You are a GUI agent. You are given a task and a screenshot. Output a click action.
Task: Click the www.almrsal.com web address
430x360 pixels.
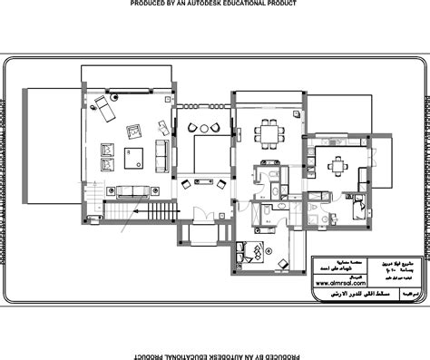click(346, 282)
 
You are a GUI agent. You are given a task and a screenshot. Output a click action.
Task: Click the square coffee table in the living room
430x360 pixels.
click(134, 158)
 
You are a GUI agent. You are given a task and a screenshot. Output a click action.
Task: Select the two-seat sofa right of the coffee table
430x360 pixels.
click(161, 155)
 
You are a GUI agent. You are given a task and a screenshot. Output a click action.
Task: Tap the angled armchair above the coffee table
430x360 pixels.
click(134, 132)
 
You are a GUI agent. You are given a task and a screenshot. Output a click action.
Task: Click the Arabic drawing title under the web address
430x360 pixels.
click(345, 294)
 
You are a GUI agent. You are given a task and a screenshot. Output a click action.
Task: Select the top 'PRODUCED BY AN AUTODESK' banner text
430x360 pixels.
click(214, 5)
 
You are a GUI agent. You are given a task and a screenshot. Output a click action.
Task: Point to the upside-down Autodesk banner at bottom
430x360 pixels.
click(214, 354)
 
